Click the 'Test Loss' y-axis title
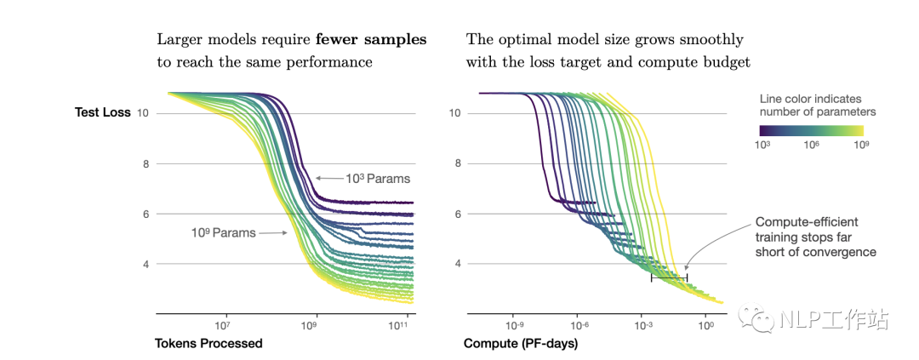tap(103, 113)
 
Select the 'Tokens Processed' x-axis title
tap(208, 344)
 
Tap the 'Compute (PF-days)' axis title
tap(521, 344)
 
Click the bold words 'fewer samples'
tap(371, 40)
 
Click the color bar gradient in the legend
tap(812, 130)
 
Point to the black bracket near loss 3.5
tap(669, 277)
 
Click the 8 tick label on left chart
tap(145, 163)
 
